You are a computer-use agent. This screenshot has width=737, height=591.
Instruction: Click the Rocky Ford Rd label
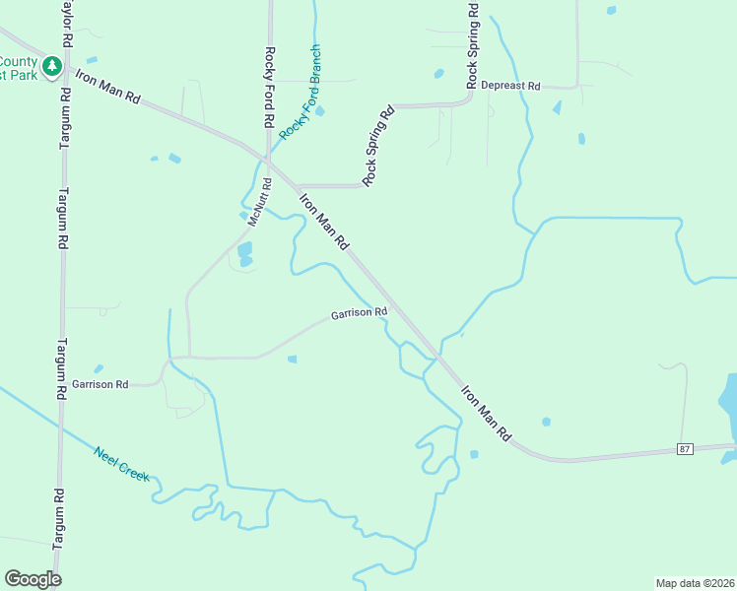pos(268,88)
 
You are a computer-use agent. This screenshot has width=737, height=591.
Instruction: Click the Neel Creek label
pos(121,465)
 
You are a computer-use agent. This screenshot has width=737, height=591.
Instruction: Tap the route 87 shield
pos(686,448)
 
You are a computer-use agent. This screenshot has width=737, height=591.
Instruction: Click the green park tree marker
pos(53,68)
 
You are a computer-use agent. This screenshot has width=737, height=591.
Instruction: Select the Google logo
pos(33,578)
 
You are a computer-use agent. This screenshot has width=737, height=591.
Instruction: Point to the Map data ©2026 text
pos(695,582)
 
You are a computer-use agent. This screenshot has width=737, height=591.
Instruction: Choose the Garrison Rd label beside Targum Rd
pos(100,383)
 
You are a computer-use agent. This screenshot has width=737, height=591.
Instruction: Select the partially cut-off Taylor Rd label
pos(67,26)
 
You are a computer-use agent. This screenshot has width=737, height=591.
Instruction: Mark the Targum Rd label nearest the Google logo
pos(58,517)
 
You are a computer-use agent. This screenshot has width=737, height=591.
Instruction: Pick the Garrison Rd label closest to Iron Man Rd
pos(359,313)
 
